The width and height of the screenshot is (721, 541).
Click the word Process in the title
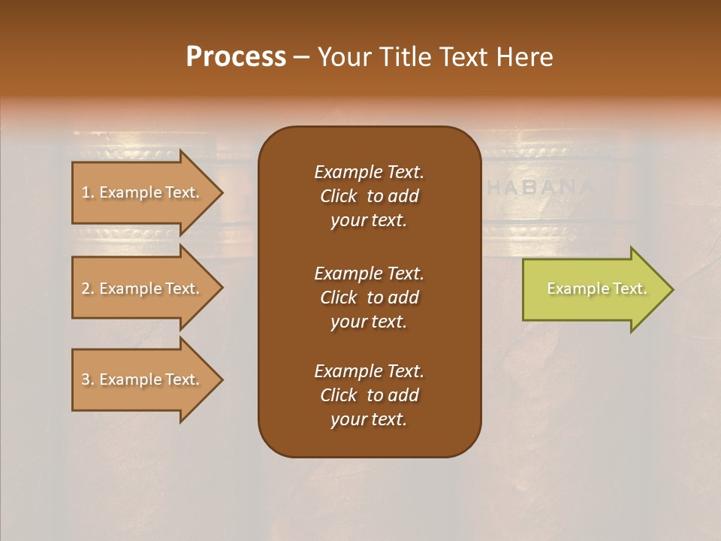pos(236,57)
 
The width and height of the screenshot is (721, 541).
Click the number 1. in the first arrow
pos(88,192)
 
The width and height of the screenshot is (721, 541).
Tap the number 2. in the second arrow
pos(88,289)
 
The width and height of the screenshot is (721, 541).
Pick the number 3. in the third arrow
pos(88,379)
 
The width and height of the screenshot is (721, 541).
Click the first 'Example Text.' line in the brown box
pos(369,172)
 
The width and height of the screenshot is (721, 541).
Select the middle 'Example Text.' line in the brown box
pos(369,273)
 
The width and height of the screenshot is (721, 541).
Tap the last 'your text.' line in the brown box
pos(369,420)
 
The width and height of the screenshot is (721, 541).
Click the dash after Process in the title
pos(302,57)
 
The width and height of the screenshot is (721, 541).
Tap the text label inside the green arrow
pos(596,289)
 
